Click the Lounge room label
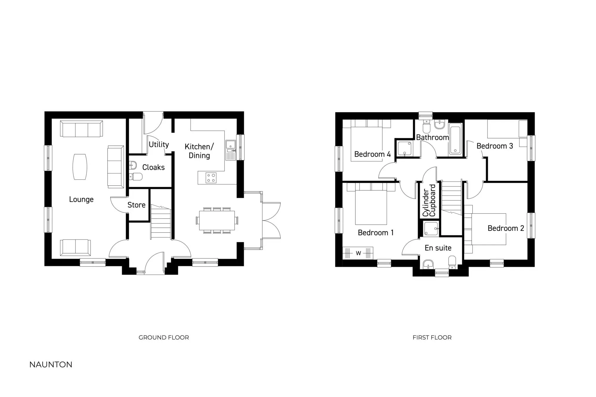point(81,199)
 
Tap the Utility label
point(159,145)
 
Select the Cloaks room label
point(153,167)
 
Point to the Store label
point(136,205)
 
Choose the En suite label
point(438,248)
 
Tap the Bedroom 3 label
point(494,146)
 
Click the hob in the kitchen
point(211,178)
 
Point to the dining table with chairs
point(217,220)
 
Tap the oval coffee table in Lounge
point(80,167)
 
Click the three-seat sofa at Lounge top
point(81,129)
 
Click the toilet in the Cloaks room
point(136,177)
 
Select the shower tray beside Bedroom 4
point(405,149)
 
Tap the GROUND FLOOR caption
point(164,337)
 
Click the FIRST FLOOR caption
point(432,337)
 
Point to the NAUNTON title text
point(51,365)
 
